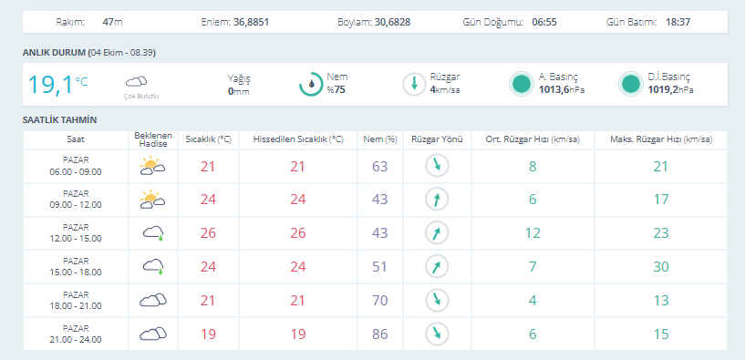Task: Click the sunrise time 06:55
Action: (x=544, y=22)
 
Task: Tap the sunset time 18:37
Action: (x=678, y=22)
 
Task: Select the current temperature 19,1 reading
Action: (x=50, y=85)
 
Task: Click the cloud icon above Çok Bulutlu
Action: (x=137, y=82)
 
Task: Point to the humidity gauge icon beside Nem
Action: (x=311, y=84)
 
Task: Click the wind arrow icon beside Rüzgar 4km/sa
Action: (x=414, y=84)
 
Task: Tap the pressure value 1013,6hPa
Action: (x=562, y=88)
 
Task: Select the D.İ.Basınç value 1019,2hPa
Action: (x=670, y=88)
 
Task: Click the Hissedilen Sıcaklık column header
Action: (x=298, y=139)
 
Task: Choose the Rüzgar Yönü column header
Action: (x=437, y=139)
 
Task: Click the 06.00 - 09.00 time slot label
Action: (x=76, y=172)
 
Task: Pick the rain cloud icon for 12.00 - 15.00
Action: (x=153, y=232)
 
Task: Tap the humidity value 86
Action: (x=380, y=334)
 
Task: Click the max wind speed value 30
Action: (x=661, y=266)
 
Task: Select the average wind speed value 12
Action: (x=533, y=233)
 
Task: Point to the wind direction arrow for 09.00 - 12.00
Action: (x=437, y=200)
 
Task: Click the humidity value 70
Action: (x=380, y=301)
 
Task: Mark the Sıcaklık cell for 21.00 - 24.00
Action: (x=208, y=334)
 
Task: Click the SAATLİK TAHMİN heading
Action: (x=60, y=120)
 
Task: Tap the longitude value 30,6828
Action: (x=392, y=22)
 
